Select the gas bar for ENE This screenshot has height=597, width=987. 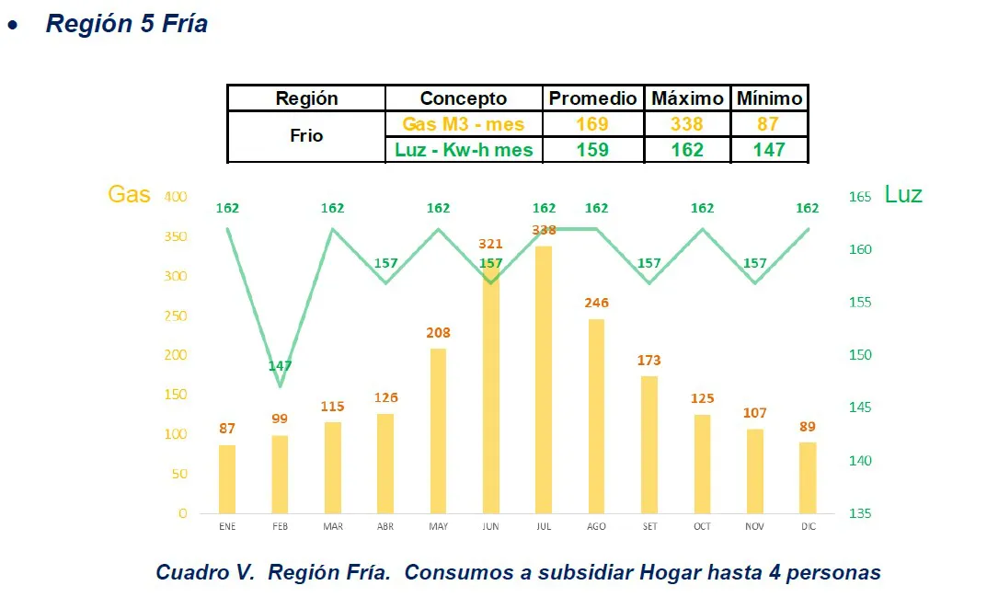point(227,478)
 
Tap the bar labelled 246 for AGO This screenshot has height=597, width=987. point(596,416)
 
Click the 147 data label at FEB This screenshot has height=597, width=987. point(280,366)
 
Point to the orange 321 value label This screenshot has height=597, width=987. point(491,244)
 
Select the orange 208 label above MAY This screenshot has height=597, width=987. point(438,333)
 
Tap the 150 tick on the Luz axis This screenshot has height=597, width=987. point(859,355)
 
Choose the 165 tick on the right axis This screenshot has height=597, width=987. point(859,197)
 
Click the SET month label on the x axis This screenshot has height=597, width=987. point(648,526)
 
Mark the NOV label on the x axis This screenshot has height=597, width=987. point(754,526)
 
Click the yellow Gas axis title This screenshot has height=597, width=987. point(129,194)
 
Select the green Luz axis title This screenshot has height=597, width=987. point(902,194)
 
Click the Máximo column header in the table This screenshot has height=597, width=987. point(686,98)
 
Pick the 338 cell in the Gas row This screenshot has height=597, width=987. point(686,124)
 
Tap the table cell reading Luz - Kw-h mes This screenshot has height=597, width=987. point(464,150)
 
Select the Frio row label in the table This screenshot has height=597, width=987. point(306,136)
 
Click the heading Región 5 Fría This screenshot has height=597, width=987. point(127,24)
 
